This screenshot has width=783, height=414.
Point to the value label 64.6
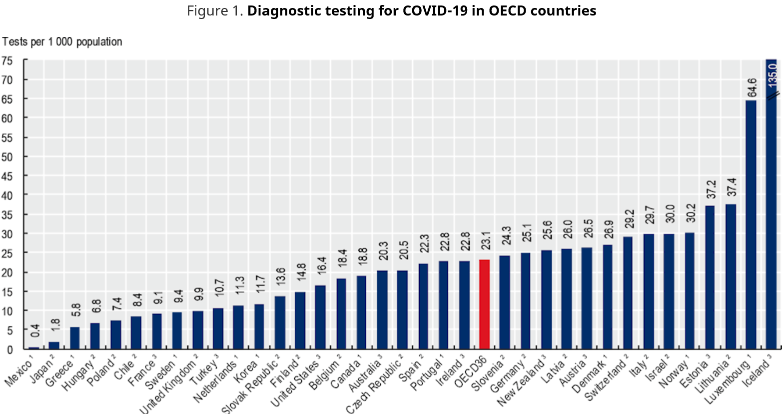[x=752, y=87]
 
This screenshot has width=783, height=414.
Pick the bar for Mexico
[x=33, y=347]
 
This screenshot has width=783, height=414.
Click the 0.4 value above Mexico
[x=34, y=331]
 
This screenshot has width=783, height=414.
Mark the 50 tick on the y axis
[x=7, y=156]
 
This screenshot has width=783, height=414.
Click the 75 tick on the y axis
[x=7, y=60]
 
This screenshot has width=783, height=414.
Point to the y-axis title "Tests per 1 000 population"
[x=62, y=42]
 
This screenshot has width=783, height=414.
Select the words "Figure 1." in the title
[x=215, y=11]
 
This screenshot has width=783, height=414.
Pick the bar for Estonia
[x=710, y=277]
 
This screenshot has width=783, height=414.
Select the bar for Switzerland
[x=628, y=292]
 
